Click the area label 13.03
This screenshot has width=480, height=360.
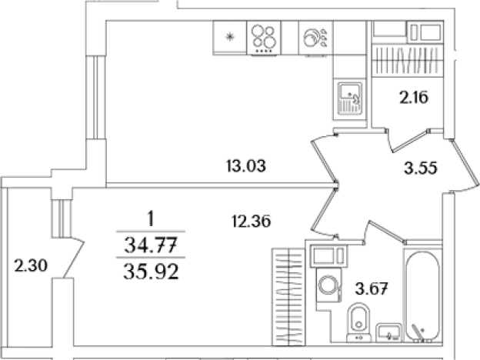[x=246, y=166]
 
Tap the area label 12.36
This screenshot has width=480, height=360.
[x=252, y=221]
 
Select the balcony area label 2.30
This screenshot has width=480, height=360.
[x=31, y=265]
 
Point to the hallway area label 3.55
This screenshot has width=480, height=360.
[x=421, y=168]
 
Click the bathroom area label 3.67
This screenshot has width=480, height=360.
[x=372, y=288]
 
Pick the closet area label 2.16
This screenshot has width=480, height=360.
[x=414, y=98]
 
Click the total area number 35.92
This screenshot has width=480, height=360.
[x=151, y=272]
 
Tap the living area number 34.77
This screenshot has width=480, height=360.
[x=151, y=245]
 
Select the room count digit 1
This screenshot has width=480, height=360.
[x=151, y=219]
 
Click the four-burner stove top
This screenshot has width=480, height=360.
[x=264, y=38]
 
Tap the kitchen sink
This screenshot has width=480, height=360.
[x=350, y=99]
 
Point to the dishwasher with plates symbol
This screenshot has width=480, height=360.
[x=315, y=38]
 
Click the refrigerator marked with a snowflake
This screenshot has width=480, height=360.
[x=229, y=38]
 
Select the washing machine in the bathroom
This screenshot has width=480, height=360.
[x=328, y=285]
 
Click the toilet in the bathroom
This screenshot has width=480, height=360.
[x=358, y=322]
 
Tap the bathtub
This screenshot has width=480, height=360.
[x=423, y=295]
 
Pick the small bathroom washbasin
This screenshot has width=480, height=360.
[x=388, y=332]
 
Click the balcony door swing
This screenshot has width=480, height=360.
[x=73, y=258]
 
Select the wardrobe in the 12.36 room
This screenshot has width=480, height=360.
[x=288, y=297]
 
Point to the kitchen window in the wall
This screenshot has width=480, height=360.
[x=96, y=98]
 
